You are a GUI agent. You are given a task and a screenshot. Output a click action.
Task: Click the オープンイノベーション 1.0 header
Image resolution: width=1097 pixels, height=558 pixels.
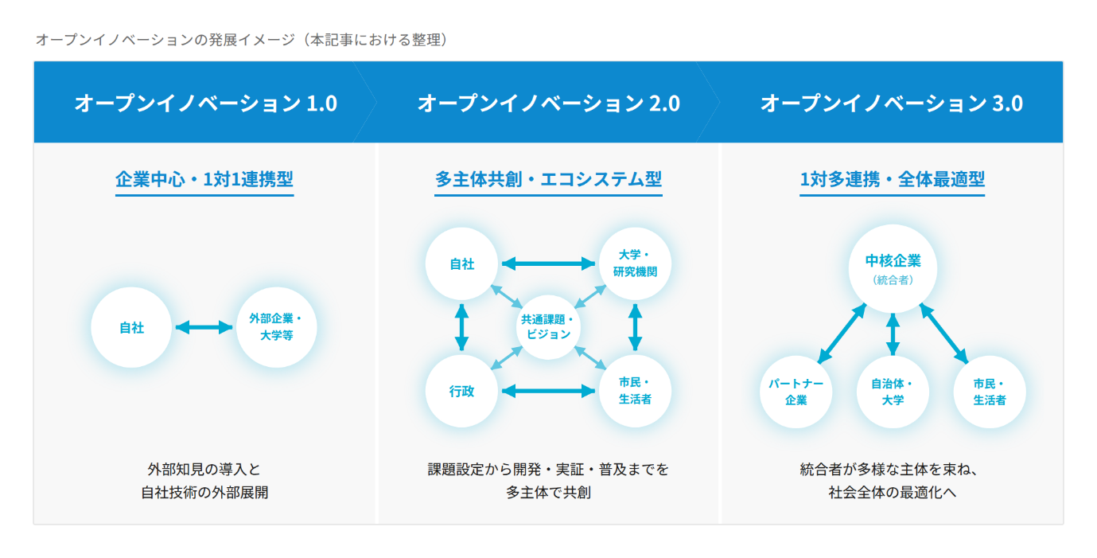pyautogui.click(x=206, y=103)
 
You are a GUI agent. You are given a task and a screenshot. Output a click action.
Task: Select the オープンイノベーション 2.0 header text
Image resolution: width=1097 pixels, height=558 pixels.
pyautogui.click(x=549, y=103)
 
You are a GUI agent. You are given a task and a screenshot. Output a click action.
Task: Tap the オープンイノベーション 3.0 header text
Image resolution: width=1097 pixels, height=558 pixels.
pyautogui.click(x=891, y=103)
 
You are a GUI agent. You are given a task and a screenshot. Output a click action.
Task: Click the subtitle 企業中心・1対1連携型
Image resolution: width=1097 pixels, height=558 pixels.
pyautogui.click(x=204, y=179)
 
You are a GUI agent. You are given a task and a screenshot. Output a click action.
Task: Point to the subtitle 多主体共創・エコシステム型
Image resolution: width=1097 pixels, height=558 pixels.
pyautogui.click(x=548, y=179)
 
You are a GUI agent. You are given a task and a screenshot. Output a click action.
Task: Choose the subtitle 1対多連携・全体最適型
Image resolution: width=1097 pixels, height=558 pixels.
pyautogui.click(x=892, y=179)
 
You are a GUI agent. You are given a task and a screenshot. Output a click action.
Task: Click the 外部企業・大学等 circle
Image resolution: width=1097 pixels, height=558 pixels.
pyautogui.click(x=276, y=327)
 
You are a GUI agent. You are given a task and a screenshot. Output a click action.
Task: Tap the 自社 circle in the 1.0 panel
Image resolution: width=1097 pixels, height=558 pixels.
pyautogui.click(x=131, y=327)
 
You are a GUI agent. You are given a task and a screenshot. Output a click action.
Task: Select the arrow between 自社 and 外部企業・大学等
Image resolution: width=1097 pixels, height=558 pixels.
pyautogui.click(x=204, y=327)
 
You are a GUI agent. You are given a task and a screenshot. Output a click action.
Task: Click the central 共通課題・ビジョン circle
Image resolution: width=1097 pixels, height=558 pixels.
pyautogui.click(x=548, y=327)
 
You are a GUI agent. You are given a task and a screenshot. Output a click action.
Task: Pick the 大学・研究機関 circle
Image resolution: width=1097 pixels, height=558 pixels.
pyautogui.click(x=635, y=263)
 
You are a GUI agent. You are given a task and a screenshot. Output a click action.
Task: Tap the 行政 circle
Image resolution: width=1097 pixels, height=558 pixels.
pyautogui.click(x=461, y=391)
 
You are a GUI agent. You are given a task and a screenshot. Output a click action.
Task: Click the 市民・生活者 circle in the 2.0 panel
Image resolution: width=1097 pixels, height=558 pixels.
pyautogui.click(x=635, y=391)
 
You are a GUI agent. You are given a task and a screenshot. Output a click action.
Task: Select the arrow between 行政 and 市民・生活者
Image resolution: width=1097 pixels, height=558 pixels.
pyautogui.click(x=548, y=391)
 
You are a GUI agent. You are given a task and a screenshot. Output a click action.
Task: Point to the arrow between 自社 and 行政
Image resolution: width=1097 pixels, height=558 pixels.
pyautogui.click(x=461, y=327)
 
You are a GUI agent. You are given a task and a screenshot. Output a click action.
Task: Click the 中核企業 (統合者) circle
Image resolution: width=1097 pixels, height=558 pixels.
pyautogui.click(x=893, y=268)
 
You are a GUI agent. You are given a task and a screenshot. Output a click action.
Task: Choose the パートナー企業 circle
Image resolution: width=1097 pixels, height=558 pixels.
pyautogui.click(x=796, y=392)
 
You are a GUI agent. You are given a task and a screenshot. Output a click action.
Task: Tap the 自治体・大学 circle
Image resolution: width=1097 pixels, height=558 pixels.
pyautogui.click(x=893, y=392)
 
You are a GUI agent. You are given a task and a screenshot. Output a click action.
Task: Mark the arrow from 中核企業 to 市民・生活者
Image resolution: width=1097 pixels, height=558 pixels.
pyautogui.click(x=943, y=334)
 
